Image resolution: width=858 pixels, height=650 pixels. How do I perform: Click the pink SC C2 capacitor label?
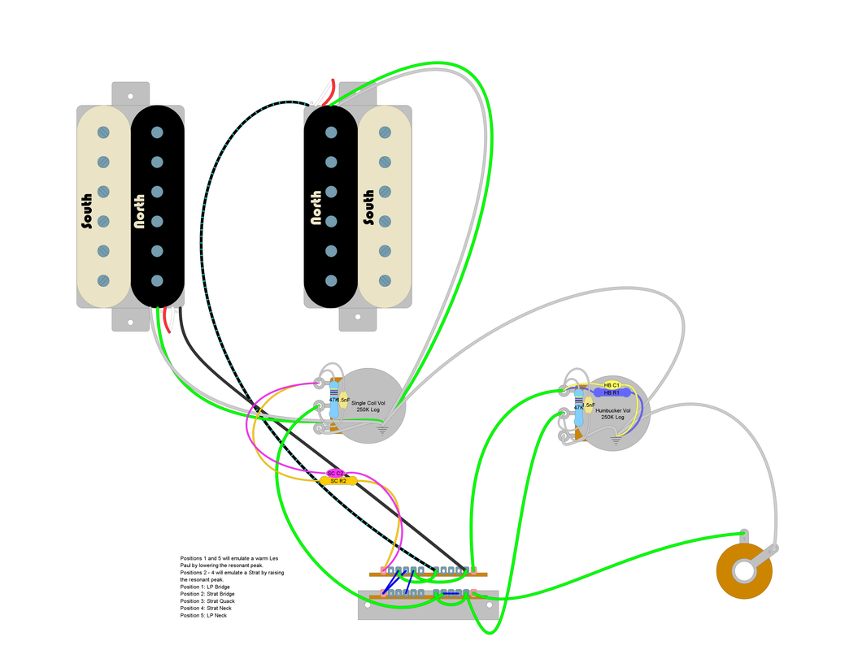coord(336,473)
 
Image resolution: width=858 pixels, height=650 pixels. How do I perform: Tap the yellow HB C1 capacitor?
coord(612,384)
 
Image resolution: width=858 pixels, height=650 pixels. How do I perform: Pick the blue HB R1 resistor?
coord(612,392)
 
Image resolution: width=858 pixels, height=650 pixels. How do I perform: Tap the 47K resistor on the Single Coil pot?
coord(333,401)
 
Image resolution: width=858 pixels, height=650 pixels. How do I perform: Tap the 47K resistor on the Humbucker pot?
coord(579,409)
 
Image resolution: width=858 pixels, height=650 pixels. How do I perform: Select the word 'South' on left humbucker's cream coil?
coord(86,210)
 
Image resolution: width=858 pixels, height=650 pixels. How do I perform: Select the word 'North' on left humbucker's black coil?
coord(139,210)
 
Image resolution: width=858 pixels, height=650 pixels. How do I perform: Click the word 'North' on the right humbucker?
coord(316,207)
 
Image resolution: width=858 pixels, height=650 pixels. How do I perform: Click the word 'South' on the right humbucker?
coord(368,207)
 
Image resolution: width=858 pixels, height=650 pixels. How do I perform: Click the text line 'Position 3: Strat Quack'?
coord(211,601)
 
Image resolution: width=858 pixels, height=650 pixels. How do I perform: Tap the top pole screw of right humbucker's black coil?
coord(331,132)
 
